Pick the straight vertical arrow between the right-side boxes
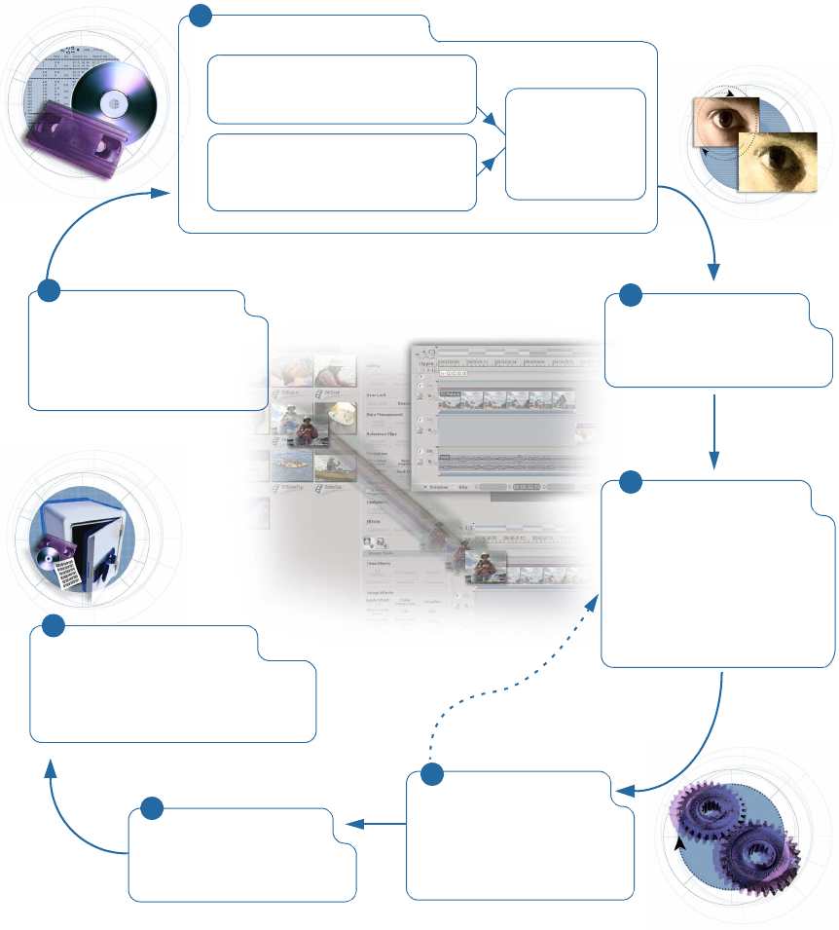(x=715, y=428)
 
